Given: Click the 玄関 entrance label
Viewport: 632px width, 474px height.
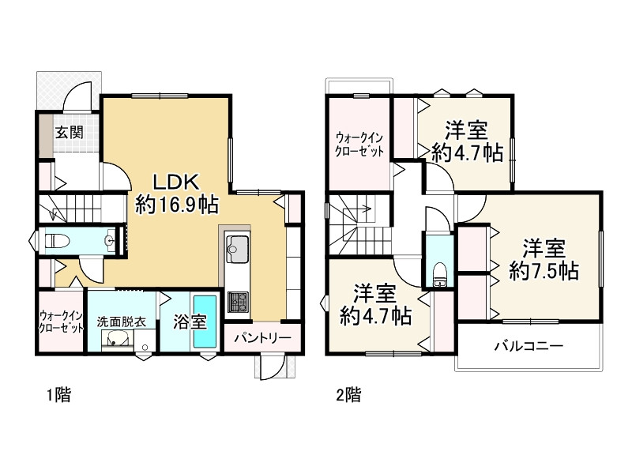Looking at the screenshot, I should click(x=69, y=132).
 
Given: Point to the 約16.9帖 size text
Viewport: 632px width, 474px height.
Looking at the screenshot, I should click(x=177, y=205).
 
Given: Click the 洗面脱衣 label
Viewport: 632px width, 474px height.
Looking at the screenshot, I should click(x=120, y=322).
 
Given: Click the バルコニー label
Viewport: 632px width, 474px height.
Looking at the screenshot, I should click(x=529, y=346).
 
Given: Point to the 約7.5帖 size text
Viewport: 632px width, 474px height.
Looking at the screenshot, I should click(x=544, y=271).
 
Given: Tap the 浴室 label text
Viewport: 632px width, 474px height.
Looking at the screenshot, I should click(x=189, y=322).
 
